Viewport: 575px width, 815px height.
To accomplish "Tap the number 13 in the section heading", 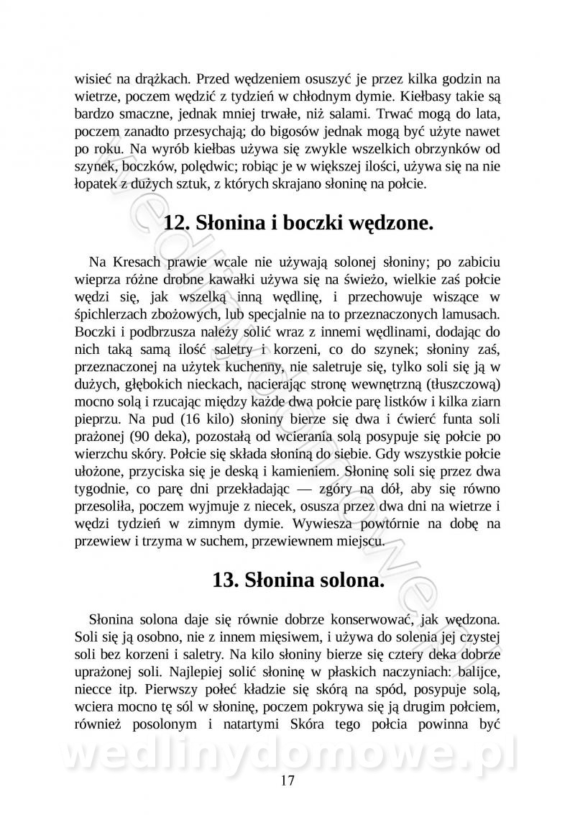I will (x=225, y=580).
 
